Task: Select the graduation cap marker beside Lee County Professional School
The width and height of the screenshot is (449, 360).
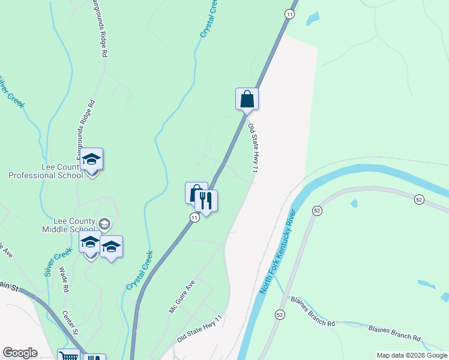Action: (92, 160)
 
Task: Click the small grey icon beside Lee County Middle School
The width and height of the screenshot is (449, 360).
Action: (104, 224)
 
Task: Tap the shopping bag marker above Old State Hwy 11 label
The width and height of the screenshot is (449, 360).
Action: (247, 99)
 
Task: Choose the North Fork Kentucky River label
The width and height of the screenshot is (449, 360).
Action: (277, 251)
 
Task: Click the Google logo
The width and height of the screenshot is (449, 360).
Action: (20, 353)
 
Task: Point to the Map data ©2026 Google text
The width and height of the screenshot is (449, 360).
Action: (412, 355)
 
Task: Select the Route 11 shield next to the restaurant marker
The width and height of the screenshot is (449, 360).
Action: (194, 218)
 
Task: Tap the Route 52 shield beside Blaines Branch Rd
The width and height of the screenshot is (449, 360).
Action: (280, 314)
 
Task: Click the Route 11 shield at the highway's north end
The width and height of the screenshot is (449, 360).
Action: (289, 14)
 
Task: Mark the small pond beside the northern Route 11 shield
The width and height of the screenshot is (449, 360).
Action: (313, 19)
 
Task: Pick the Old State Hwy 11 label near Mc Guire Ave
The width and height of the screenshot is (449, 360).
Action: (200, 329)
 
